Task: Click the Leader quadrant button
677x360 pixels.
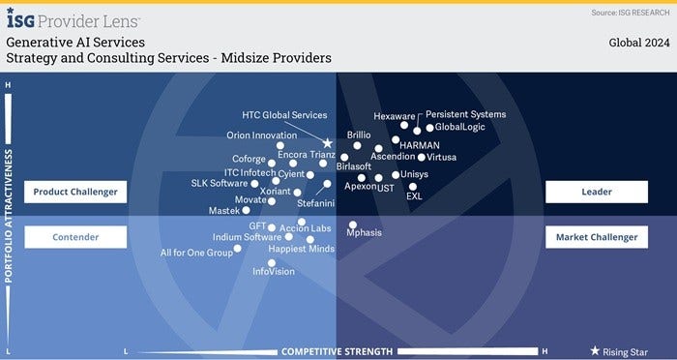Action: click(x=596, y=192)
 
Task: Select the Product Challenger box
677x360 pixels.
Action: click(x=75, y=192)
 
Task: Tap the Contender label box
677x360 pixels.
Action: click(x=75, y=236)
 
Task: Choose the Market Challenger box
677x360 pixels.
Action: click(x=596, y=236)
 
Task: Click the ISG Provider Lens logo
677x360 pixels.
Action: click(x=74, y=18)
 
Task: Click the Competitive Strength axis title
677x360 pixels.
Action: click(x=337, y=350)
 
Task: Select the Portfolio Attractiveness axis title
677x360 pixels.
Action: click(x=10, y=214)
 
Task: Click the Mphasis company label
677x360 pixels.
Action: click(x=365, y=233)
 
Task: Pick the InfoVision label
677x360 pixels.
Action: click(x=274, y=272)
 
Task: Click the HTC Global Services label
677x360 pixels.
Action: click(x=284, y=116)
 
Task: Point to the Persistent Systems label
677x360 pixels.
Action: click(x=465, y=114)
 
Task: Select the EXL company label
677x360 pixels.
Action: click(x=414, y=196)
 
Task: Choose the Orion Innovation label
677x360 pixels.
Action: click(x=261, y=135)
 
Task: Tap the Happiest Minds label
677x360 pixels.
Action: click(x=301, y=249)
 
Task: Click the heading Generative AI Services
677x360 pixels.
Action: click(x=75, y=44)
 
